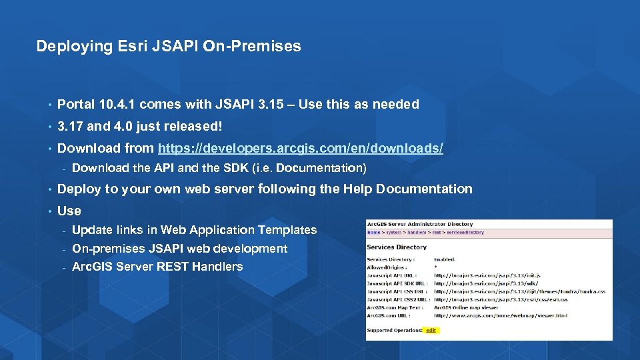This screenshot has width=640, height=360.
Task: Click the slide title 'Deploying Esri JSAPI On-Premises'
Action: (169, 46)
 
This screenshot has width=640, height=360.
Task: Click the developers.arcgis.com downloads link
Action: (300, 148)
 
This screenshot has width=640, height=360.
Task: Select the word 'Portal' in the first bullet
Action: (76, 104)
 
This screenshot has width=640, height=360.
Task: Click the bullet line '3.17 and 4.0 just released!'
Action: (139, 126)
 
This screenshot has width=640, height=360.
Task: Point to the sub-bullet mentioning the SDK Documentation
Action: (219, 168)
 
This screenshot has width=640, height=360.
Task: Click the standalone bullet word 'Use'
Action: (69, 211)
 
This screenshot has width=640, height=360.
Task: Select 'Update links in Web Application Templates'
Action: (194, 230)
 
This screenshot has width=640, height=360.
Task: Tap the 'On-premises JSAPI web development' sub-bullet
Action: (179, 249)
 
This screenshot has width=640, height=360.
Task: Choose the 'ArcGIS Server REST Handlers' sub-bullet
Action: (157, 267)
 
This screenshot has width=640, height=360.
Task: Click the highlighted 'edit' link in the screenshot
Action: (431, 330)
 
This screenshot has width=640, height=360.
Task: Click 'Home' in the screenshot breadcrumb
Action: (374, 233)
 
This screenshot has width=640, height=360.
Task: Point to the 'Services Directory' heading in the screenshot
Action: (397, 247)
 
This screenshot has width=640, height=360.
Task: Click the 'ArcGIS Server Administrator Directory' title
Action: (420, 224)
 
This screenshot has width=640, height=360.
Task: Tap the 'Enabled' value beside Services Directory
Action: (445, 259)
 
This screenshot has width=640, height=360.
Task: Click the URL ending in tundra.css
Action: (519, 291)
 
